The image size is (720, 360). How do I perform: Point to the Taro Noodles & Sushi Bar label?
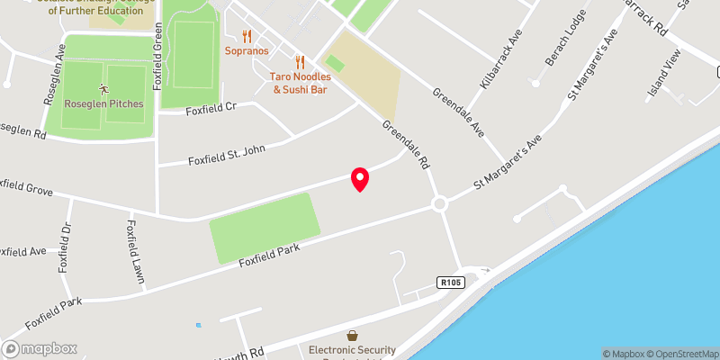coord(301,83)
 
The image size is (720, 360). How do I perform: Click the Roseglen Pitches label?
coord(103,104)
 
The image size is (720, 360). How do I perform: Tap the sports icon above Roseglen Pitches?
coord(103,89)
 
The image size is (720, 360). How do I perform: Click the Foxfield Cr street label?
coord(211,109)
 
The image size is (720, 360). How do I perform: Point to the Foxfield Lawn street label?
coord(136,252)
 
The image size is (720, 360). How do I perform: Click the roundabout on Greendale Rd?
coord(439,204)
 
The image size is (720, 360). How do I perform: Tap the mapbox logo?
coord(40,348)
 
